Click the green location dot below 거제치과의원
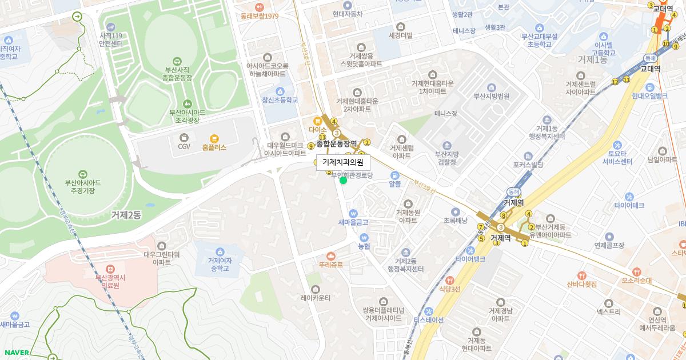[x=343, y=181]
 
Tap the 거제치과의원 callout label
[x=343, y=162]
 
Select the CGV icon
[x=184, y=137]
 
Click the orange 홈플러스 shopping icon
[x=214, y=138]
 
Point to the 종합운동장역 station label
[x=337, y=144]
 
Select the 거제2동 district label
[x=126, y=215]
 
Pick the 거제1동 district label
[x=592, y=59]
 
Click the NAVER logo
[x=15, y=353]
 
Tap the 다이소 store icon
[x=317, y=121]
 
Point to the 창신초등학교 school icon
[x=280, y=91]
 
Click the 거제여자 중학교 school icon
[x=219, y=251]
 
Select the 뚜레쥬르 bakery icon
[x=331, y=256]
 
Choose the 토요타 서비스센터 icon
[x=617, y=145]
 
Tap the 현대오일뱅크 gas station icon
[x=650, y=87]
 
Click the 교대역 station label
[x=651, y=69]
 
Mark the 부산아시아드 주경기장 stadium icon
[x=83, y=174]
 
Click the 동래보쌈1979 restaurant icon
[x=260, y=7]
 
